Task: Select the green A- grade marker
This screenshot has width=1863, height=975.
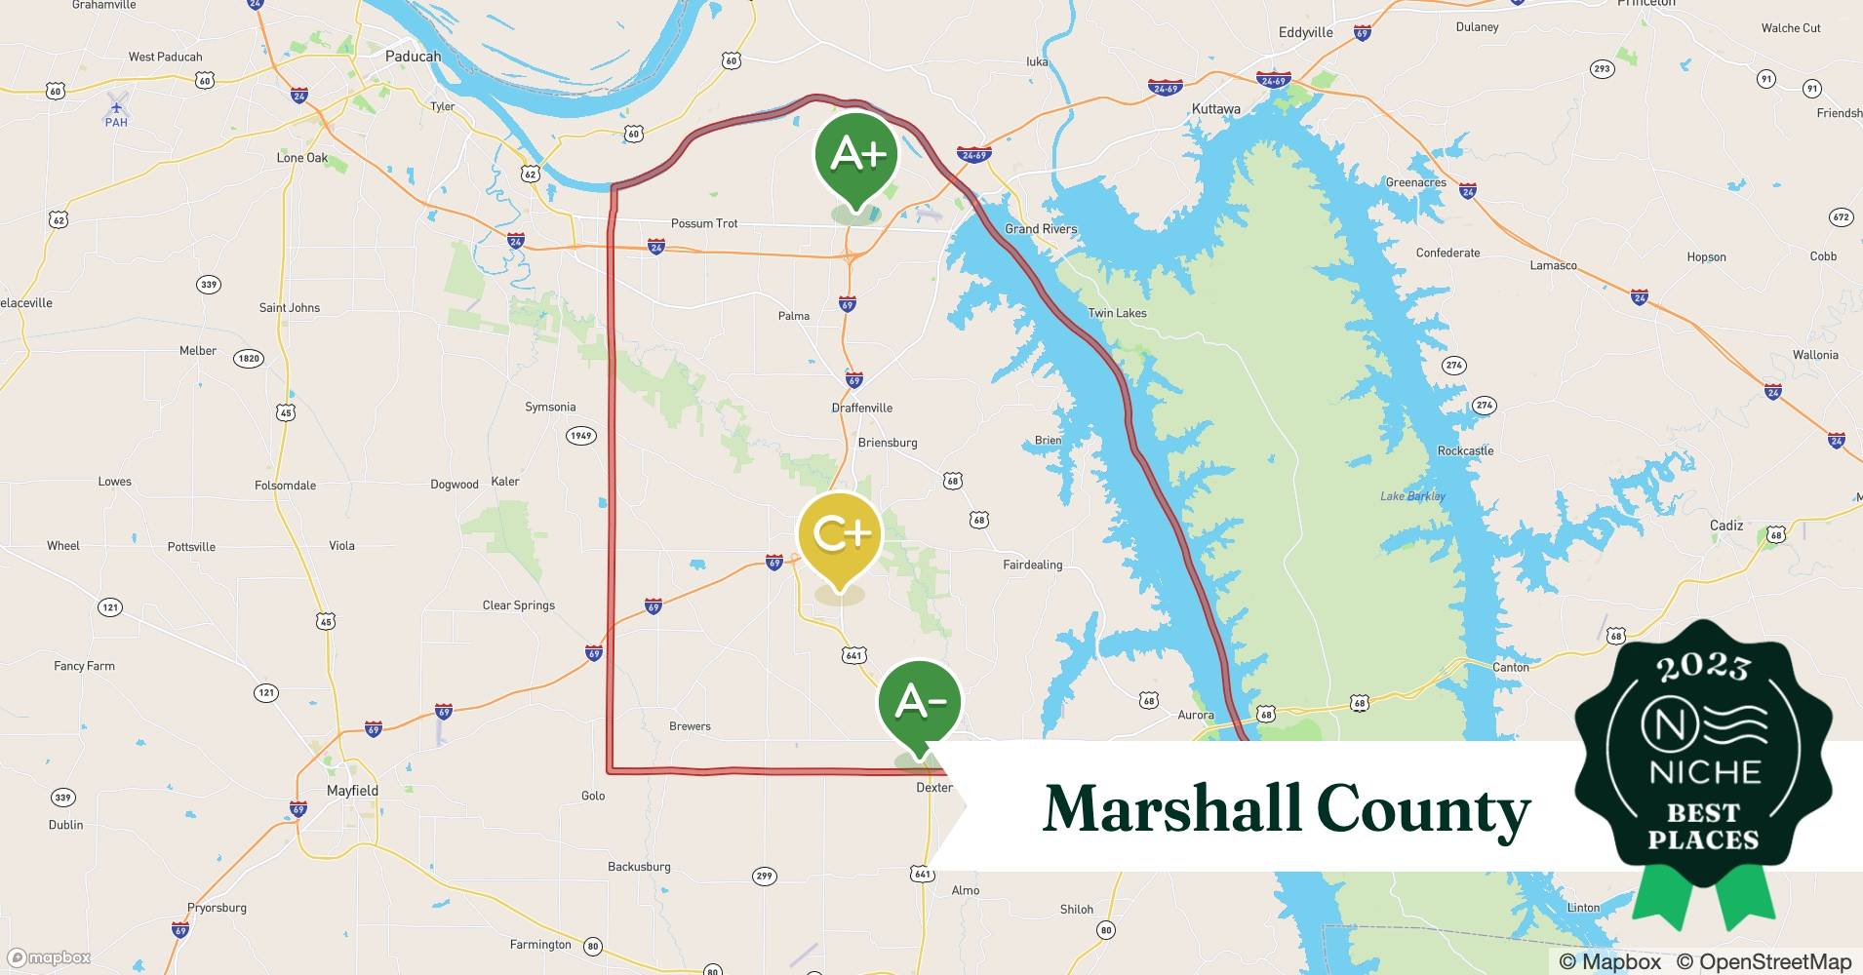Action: pos(919,702)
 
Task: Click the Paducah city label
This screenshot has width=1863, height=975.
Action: pos(413,57)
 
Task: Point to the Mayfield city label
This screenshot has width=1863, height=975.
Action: pos(352,791)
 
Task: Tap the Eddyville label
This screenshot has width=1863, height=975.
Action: pos(1305,32)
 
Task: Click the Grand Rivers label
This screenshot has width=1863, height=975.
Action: pos(1041,229)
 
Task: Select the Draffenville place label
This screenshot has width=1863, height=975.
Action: pos(862,408)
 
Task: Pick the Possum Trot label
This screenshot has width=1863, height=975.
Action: pos(704,223)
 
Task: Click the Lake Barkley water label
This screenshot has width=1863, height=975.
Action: pos(1412,496)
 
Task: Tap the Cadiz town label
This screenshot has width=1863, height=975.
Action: pos(1725,526)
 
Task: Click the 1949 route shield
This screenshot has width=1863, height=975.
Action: pos(581,436)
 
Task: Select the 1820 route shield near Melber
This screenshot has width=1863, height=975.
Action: pos(249,359)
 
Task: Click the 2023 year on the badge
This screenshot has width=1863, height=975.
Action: pos(1703,668)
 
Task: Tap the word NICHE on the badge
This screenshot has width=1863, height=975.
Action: pos(1704,772)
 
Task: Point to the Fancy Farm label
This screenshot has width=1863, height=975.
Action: pos(84,666)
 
